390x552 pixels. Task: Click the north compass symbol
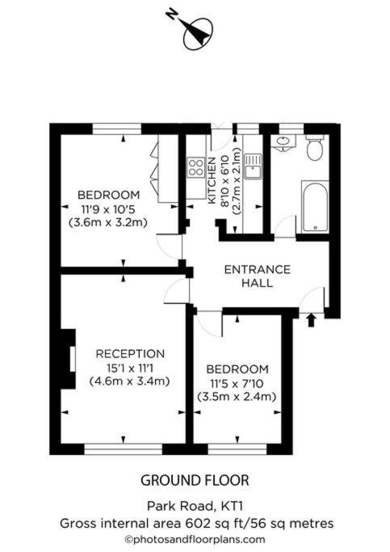coord(198,33)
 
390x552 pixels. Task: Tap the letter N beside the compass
coord(171,15)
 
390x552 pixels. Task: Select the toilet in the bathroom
coord(314,148)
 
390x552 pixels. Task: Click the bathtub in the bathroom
coord(315,207)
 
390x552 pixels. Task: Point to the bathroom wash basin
coord(283,143)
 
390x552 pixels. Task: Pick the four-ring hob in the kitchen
coord(196,167)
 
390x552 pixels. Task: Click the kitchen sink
coord(253,166)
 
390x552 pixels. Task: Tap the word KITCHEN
coord(212,180)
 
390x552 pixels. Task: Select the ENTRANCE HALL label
coord(258,276)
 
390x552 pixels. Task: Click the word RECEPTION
coord(130,353)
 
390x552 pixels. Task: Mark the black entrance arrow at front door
coord(311,320)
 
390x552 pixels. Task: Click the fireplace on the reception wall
coord(69,359)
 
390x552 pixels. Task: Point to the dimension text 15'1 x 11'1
coord(130,368)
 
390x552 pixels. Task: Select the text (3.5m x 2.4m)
coord(237,397)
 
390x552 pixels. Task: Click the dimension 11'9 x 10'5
coord(108,209)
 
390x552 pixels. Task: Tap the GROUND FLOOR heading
coord(195,481)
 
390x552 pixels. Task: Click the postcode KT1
coord(232,506)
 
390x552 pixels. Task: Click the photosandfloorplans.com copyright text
coord(195,539)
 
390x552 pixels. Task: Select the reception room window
coord(123,449)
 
